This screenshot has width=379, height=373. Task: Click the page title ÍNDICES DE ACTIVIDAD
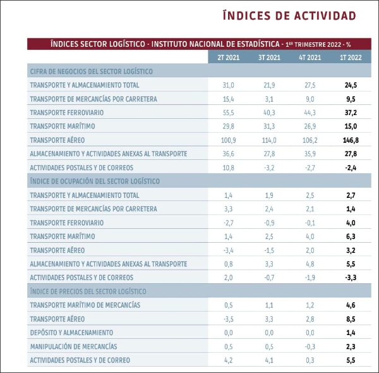point(290,15)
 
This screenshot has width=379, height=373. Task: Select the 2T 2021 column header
point(228,58)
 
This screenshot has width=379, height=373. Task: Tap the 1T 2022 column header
point(351,58)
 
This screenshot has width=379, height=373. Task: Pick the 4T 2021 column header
point(310,58)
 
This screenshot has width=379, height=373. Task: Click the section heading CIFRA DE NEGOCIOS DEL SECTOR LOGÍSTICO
point(91,71)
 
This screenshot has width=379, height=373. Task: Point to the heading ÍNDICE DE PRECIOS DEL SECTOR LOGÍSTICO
point(88,291)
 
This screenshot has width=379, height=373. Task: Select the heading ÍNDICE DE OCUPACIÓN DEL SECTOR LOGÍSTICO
point(95,181)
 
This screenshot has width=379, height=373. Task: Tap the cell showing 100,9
point(228,140)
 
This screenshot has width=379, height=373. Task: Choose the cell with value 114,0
point(269,140)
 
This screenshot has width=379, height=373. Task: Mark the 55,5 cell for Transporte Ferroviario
point(228,113)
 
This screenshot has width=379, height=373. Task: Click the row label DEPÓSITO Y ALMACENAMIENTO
point(71,333)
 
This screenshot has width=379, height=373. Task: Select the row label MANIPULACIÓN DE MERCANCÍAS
point(73,346)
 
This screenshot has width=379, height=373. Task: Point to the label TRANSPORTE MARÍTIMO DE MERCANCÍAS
point(85,305)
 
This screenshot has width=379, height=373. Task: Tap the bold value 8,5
point(351,319)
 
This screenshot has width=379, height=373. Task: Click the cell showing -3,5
point(228,319)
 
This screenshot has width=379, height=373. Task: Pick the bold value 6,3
point(351,236)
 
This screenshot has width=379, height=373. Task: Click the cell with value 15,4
point(228,99)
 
